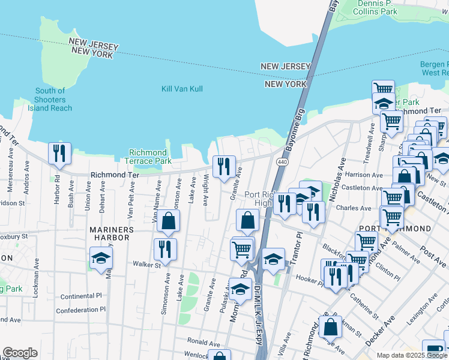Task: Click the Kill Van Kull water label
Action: pos(182,89)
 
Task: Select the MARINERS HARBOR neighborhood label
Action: pos(110,233)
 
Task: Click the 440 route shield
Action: pos(282,163)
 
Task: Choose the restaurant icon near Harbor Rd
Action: pos(59,154)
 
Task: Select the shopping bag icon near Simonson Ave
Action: pos(169,221)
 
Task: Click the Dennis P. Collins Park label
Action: pos(377,8)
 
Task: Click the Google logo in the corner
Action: pos(20,353)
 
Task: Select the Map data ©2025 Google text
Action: pos(412,355)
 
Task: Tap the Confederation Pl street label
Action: pos(80,310)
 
